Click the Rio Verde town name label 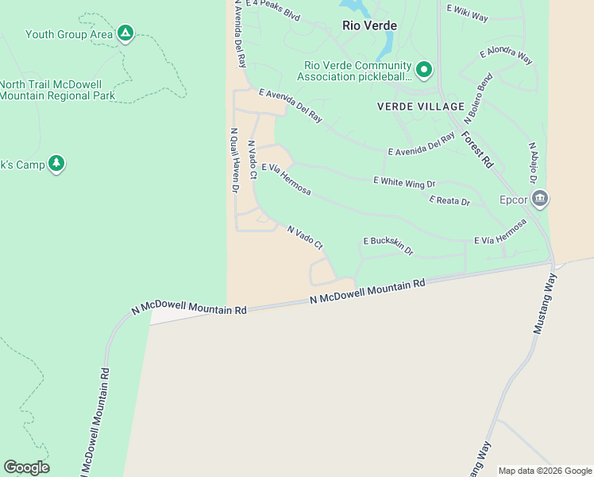pyautogui.click(x=369, y=25)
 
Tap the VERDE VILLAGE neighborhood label pyautogui.click(x=420, y=107)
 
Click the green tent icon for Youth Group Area pyautogui.click(x=125, y=33)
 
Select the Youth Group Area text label pyautogui.click(x=68, y=34)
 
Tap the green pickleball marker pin pyautogui.click(x=424, y=71)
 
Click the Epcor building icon pyautogui.click(x=539, y=199)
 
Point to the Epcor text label pyautogui.click(x=513, y=200)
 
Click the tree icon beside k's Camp pyautogui.click(x=56, y=164)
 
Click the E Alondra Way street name pyautogui.click(x=506, y=56)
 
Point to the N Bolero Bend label pyautogui.click(x=479, y=99)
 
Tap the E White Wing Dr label pyautogui.click(x=404, y=181)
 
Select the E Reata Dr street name pyautogui.click(x=449, y=201)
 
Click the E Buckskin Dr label pyautogui.click(x=388, y=245)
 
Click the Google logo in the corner pyautogui.click(x=26, y=467)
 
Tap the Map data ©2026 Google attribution pyautogui.click(x=544, y=471)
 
